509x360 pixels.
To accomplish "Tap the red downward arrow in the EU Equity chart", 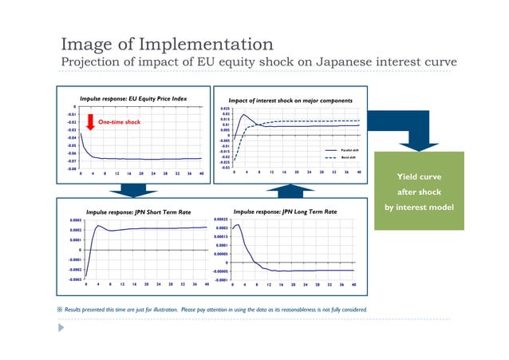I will [91, 121].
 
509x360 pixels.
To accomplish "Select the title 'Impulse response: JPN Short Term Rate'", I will [139, 212].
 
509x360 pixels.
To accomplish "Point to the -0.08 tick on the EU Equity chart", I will [71, 168].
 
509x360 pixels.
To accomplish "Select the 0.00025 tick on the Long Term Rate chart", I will [219, 219].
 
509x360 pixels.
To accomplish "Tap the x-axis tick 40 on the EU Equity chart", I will [201, 173].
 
